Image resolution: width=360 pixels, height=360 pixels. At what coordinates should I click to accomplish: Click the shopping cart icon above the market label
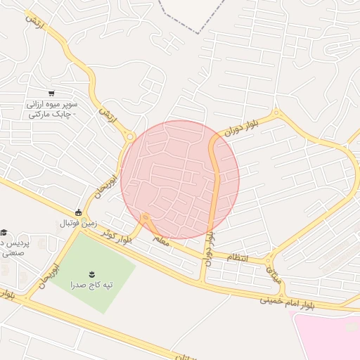coord(51,93)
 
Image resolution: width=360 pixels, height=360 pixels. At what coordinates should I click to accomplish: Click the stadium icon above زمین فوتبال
coord(79,212)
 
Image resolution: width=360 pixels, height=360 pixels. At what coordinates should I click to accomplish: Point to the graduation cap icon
coord(4,232)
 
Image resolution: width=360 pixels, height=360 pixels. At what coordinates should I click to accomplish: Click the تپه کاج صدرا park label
coord(92,285)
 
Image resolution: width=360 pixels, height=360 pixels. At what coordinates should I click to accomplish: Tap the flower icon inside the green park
coord(92,273)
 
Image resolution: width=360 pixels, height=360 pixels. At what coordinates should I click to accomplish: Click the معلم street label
coord(160,241)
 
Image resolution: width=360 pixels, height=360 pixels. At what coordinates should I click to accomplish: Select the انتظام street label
coord(236,258)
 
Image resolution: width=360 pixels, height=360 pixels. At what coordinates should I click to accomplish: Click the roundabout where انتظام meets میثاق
coord(270,261)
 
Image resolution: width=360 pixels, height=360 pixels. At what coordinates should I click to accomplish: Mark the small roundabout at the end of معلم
coord(146,219)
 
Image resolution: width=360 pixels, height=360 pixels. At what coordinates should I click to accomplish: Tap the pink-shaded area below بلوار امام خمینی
coord(330,337)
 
